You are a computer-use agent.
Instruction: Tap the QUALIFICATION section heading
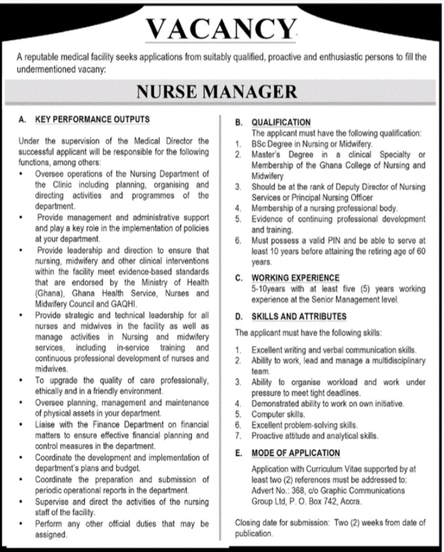[281, 122]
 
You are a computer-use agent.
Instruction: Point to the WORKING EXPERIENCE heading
[296, 277]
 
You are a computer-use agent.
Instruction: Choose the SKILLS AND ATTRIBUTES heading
[299, 316]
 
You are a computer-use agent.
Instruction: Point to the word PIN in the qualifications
[325, 240]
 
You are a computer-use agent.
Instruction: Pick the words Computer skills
[277, 414]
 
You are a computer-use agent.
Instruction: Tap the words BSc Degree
[274, 143]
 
